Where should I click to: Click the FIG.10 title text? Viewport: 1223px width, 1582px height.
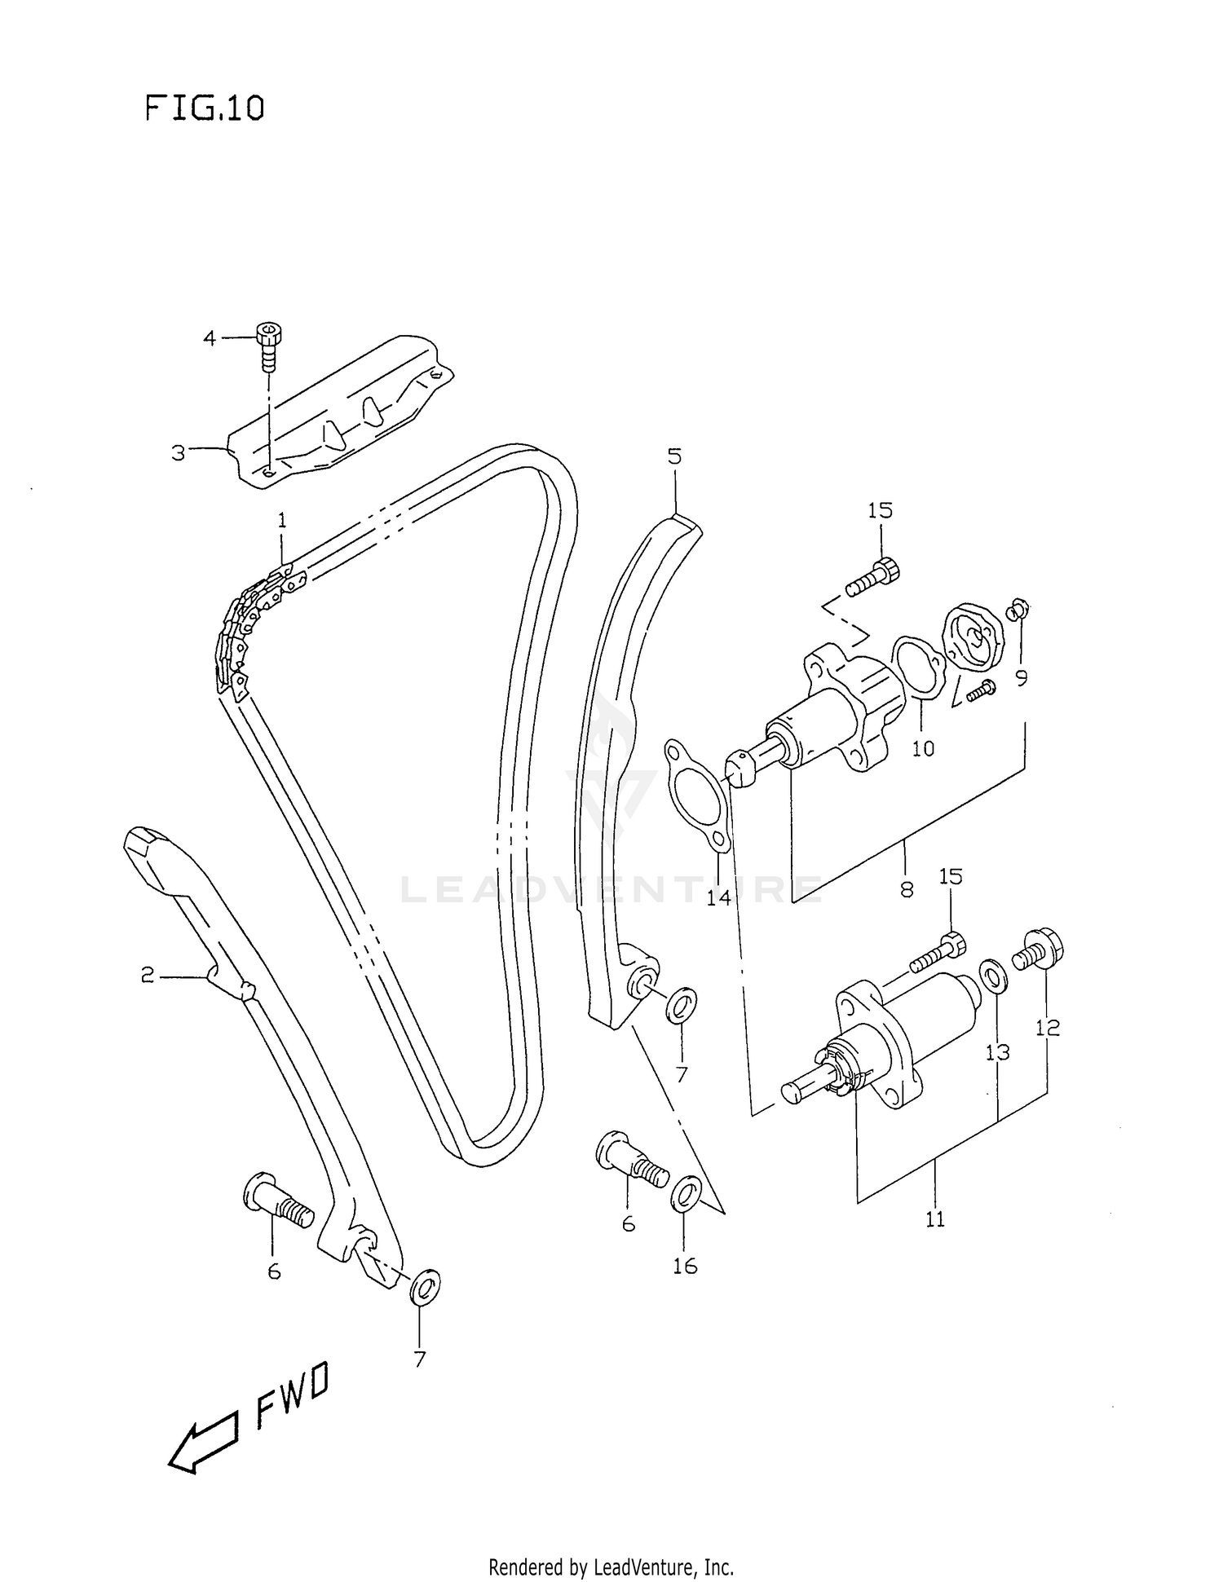pyautogui.click(x=205, y=108)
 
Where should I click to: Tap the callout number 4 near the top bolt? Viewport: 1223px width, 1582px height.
pyautogui.click(x=210, y=337)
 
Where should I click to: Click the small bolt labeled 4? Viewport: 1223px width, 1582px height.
pyautogui.click(x=266, y=346)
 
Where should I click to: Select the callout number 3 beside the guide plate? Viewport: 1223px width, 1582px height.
pyautogui.click(x=178, y=452)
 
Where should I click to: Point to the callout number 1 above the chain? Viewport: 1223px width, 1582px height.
pyautogui.click(x=282, y=520)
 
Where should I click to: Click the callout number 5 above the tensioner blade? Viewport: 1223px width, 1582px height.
pyautogui.click(x=674, y=456)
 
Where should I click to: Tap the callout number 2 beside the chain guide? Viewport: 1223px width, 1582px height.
pyautogui.click(x=148, y=975)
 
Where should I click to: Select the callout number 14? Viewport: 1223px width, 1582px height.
pyautogui.click(x=718, y=898)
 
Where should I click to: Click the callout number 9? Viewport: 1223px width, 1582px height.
pyautogui.click(x=1022, y=676)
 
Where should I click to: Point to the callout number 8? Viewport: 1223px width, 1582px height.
pyautogui.click(x=907, y=889)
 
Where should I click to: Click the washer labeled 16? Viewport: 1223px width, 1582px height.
pyautogui.click(x=684, y=1195)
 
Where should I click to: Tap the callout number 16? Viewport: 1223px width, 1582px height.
pyautogui.click(x=685, y=1266)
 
